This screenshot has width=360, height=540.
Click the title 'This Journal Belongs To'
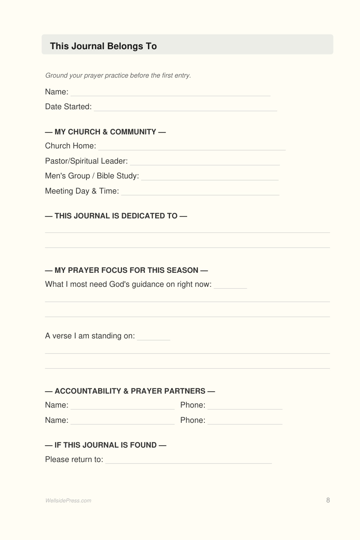pyautogui.click(x=103, y=46)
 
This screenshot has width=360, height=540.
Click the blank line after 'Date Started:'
pyautogui.click(x=185, y=109)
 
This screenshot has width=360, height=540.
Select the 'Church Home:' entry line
pyautogui.click(x=192, y=148)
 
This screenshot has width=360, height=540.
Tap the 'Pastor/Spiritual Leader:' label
pyautogui.click(x=86, y=161)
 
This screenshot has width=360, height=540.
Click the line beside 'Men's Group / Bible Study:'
pyautogui.click(x=210, y=178)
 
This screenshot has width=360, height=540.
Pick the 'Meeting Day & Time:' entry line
pyautogui.click(x=200, y=194)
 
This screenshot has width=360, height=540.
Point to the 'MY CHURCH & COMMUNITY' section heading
pyautogui.click(x=105, y=132)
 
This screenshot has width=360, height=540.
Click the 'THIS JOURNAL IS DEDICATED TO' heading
pyautogui.click(x=116, y=216)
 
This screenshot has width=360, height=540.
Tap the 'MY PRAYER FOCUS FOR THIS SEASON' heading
pyautogui.click(x=126, y=270)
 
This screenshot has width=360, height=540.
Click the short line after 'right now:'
pyautogui.click(x=230, y=287)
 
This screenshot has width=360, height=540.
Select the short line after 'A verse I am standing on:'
pyautogui.click(x=154, y=338)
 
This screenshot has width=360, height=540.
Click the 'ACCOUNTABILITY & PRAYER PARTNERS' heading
pyautogui.click(x=130, y=391)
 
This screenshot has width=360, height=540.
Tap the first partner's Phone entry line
pyautogui.click(x=245, y=408)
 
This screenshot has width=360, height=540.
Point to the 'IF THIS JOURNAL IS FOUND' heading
pyautogui.click(x=106, y=445)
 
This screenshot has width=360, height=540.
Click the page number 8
pyautogui.click(x=328, y=500)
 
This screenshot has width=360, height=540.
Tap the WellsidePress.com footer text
pyautogui.click(x=68, y=500)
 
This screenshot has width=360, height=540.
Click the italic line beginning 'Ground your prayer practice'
pyautogui.click(x=118, y=75)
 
